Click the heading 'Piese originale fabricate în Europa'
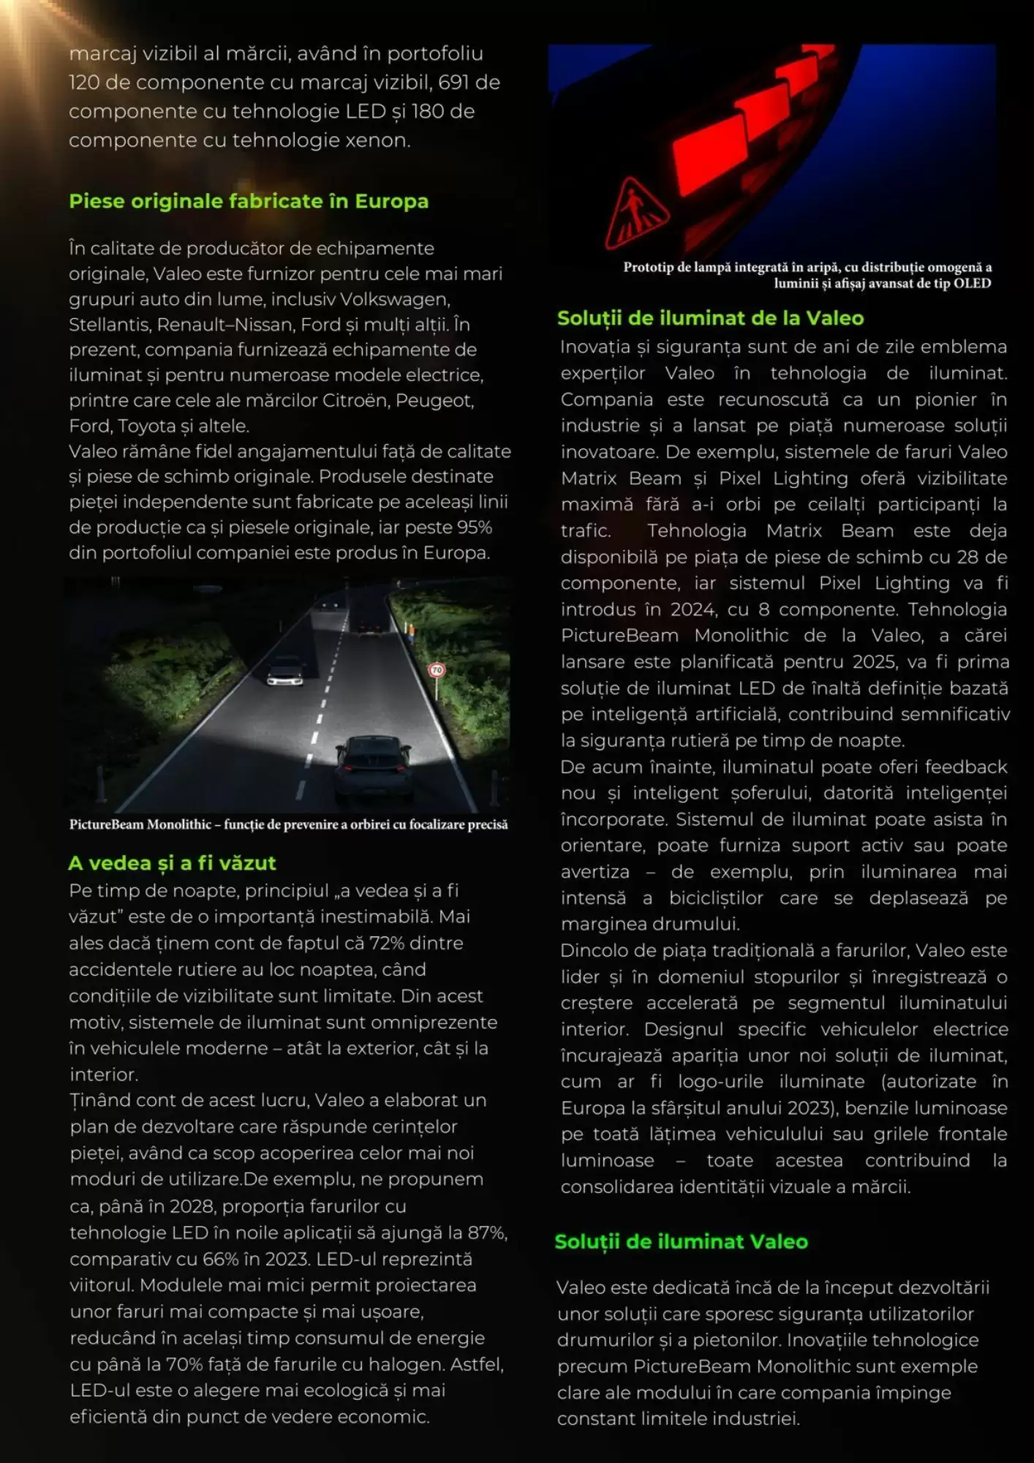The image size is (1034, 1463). point(249,201)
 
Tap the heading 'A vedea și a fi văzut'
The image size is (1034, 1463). point(172,863)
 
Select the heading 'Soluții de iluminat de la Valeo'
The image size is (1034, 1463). point(710,318)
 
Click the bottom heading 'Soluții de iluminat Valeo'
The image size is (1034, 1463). point(681,1241)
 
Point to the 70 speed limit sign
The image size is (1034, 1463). point(437,669)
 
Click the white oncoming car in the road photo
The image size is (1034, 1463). point(285,671)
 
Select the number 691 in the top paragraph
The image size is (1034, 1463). point(453,83)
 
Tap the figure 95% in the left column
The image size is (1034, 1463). point(474,527)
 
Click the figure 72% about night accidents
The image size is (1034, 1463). point(387,943)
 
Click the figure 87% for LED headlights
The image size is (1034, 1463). point(486,1233)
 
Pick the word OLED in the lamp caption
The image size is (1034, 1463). point(972,284)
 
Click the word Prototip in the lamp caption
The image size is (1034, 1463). point(648,268)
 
